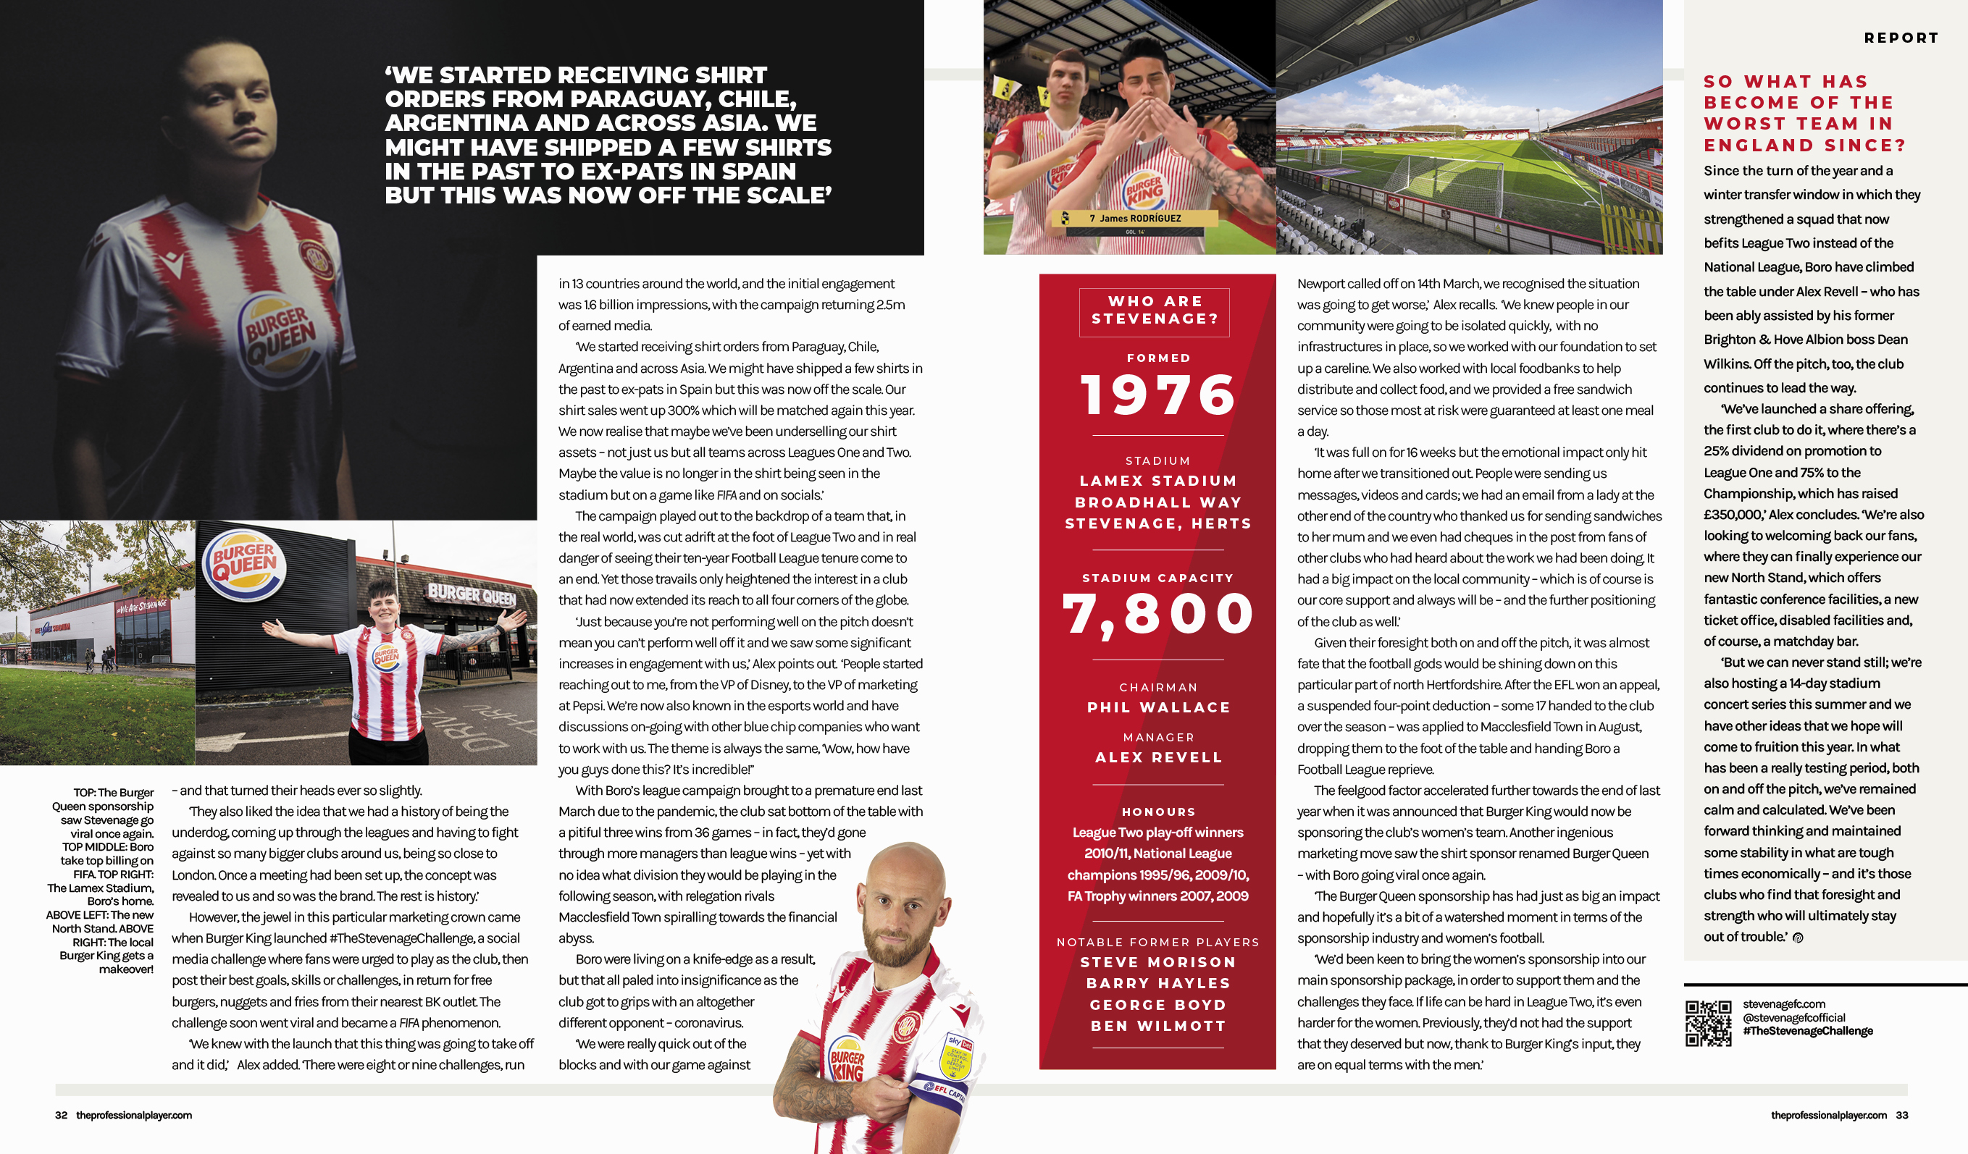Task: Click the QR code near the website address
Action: pos(1708,1023)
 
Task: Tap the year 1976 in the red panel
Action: pos(1158,395)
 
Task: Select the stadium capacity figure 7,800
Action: pos(1158,614)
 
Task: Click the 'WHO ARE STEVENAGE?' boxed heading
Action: pos(1155,311)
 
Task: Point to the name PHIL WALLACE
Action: pos(1158,707)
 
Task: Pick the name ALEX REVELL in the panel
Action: pos(1158,757)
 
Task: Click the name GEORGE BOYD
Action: pos(1158,1005)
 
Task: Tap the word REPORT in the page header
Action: pos(1901,38)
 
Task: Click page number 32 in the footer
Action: pos(61,1115)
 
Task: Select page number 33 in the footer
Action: pos(1901,1115)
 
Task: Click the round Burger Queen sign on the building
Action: pos(244,565)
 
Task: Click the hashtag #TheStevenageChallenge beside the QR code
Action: pos(1808,1031)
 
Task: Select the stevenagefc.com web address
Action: pos(1784,1004)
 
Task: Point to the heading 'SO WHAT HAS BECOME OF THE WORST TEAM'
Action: pos(1804,113)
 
